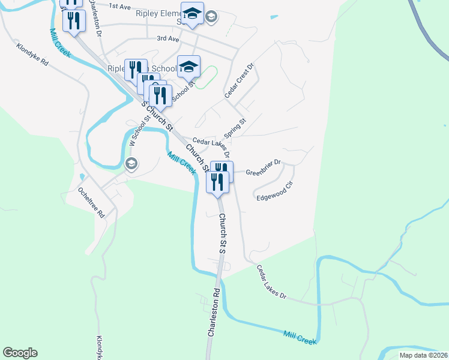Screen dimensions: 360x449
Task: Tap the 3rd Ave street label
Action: [x=168, y=38]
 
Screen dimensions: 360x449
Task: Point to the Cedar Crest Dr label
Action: [x=240, y=82]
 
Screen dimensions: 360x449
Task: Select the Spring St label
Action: [x=235, y=127]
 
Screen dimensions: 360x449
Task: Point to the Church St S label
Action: [x=221, y=233]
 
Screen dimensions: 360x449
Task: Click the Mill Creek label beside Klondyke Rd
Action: [x=60, y=43]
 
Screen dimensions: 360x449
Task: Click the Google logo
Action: [x=20, y=353]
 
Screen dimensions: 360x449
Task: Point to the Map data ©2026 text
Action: [x=423, y=355]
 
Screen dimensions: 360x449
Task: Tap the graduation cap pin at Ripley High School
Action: [x=188, y=67]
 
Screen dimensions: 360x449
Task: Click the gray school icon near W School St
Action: [x=131, y=163]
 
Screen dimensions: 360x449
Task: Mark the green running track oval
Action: [x=206, y=77]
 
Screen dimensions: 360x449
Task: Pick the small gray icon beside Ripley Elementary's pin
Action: [x=211, y=17]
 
